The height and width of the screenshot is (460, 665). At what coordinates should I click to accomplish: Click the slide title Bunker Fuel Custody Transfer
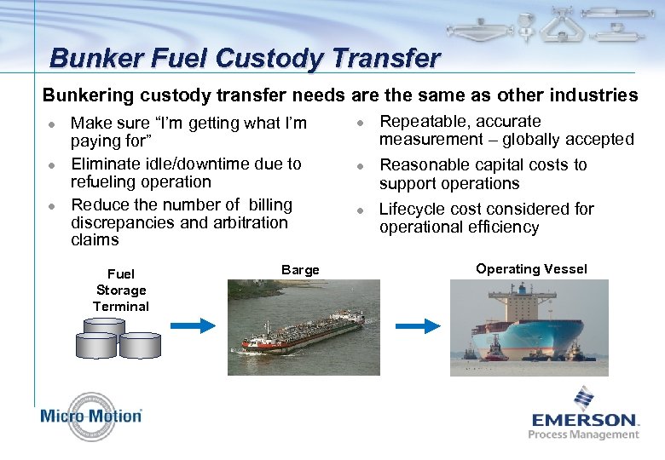[245, 58]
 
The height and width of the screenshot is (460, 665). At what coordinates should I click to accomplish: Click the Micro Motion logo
[90, 416]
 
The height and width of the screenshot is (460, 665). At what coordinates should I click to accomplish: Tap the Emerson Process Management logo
[584, 415]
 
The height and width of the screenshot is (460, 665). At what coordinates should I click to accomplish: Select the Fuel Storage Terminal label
[121, 290]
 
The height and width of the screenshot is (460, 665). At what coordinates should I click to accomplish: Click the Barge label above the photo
[300, 270]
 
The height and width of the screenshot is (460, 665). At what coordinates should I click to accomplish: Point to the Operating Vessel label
[531, 269]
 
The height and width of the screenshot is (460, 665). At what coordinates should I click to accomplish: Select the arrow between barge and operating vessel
[418, 325]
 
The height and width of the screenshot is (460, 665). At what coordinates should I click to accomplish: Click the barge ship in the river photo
[303, 331]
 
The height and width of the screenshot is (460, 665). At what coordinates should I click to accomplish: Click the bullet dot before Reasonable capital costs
[361, 166]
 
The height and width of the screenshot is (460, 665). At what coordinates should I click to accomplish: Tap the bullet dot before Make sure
[52, 124]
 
